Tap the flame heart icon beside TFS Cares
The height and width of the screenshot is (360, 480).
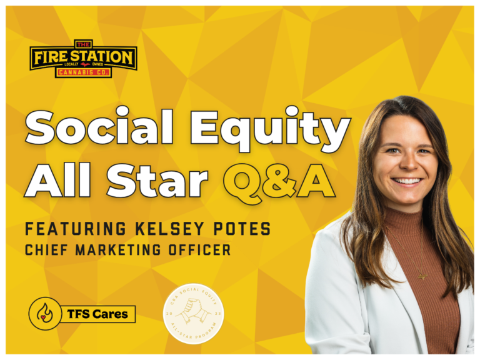pyautogui.click(x=45, y=313)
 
